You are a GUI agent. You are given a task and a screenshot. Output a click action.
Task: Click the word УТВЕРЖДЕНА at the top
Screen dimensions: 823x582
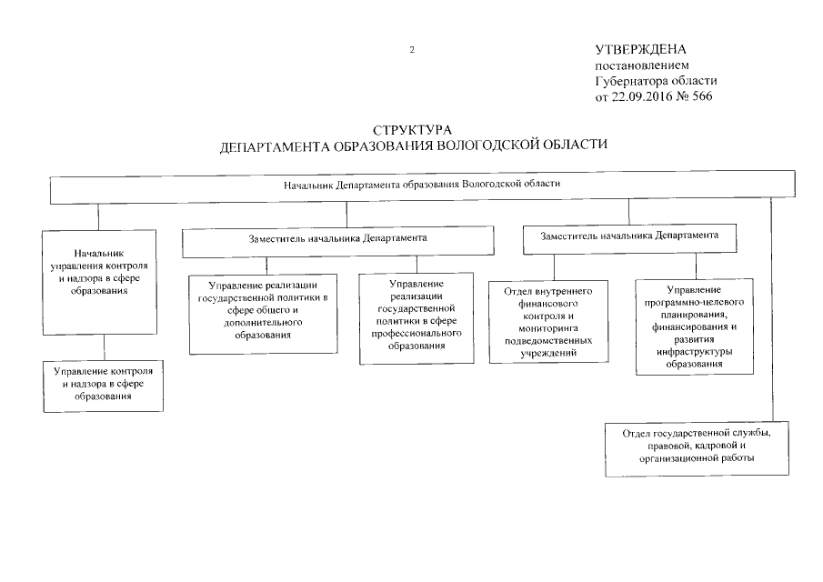(640, 49)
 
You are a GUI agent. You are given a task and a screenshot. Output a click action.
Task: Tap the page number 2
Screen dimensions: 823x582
(412, 50)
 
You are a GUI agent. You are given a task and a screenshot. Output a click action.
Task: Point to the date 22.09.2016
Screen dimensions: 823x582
(643, 96)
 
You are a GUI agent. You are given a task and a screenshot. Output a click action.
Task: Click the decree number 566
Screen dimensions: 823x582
(702, 96)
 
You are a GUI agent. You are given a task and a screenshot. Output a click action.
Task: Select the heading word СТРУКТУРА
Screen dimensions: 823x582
(412, 131)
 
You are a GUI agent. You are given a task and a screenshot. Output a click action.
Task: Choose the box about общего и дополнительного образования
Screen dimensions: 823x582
(262, 314)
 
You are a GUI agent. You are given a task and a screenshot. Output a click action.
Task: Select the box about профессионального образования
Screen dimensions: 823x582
(416, 317)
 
